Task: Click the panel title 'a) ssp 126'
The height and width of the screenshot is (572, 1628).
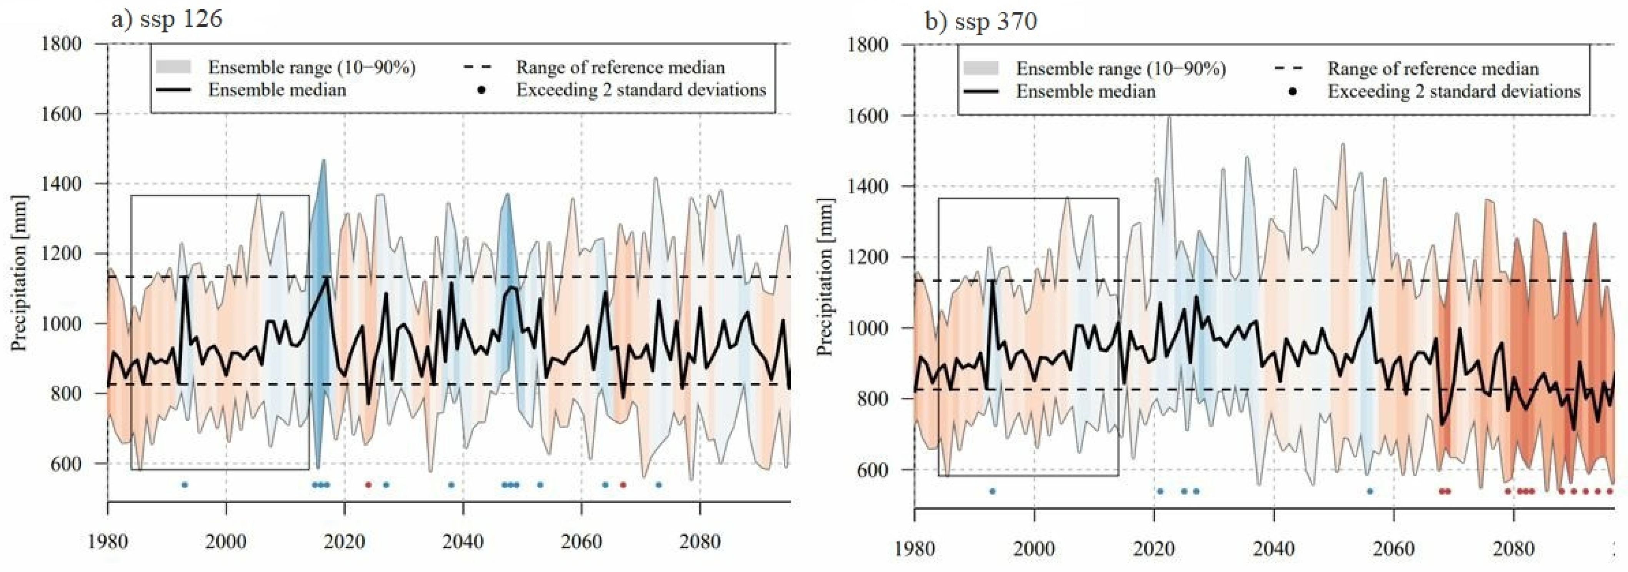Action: coord(166,20)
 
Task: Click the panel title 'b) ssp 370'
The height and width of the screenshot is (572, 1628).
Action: coord(980,22)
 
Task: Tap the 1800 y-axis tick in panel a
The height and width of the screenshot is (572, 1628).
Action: coord(61,44)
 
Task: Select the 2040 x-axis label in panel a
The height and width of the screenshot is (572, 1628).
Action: coord(463,542)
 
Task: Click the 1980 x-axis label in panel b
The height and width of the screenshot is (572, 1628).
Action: coord(915,548)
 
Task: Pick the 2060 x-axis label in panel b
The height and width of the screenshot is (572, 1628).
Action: coord(1393,548)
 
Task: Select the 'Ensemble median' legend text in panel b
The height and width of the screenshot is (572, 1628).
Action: coord(1085,91)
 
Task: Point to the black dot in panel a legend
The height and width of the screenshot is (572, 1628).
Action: coord(482,90)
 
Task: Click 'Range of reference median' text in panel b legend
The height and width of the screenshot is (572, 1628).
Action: coord(1433,68)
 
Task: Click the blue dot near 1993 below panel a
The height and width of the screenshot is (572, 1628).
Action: coord(185,485)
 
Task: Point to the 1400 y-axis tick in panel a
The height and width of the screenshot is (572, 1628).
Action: coord(61,184)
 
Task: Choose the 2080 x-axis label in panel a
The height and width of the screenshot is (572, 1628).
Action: coord(700,542)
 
